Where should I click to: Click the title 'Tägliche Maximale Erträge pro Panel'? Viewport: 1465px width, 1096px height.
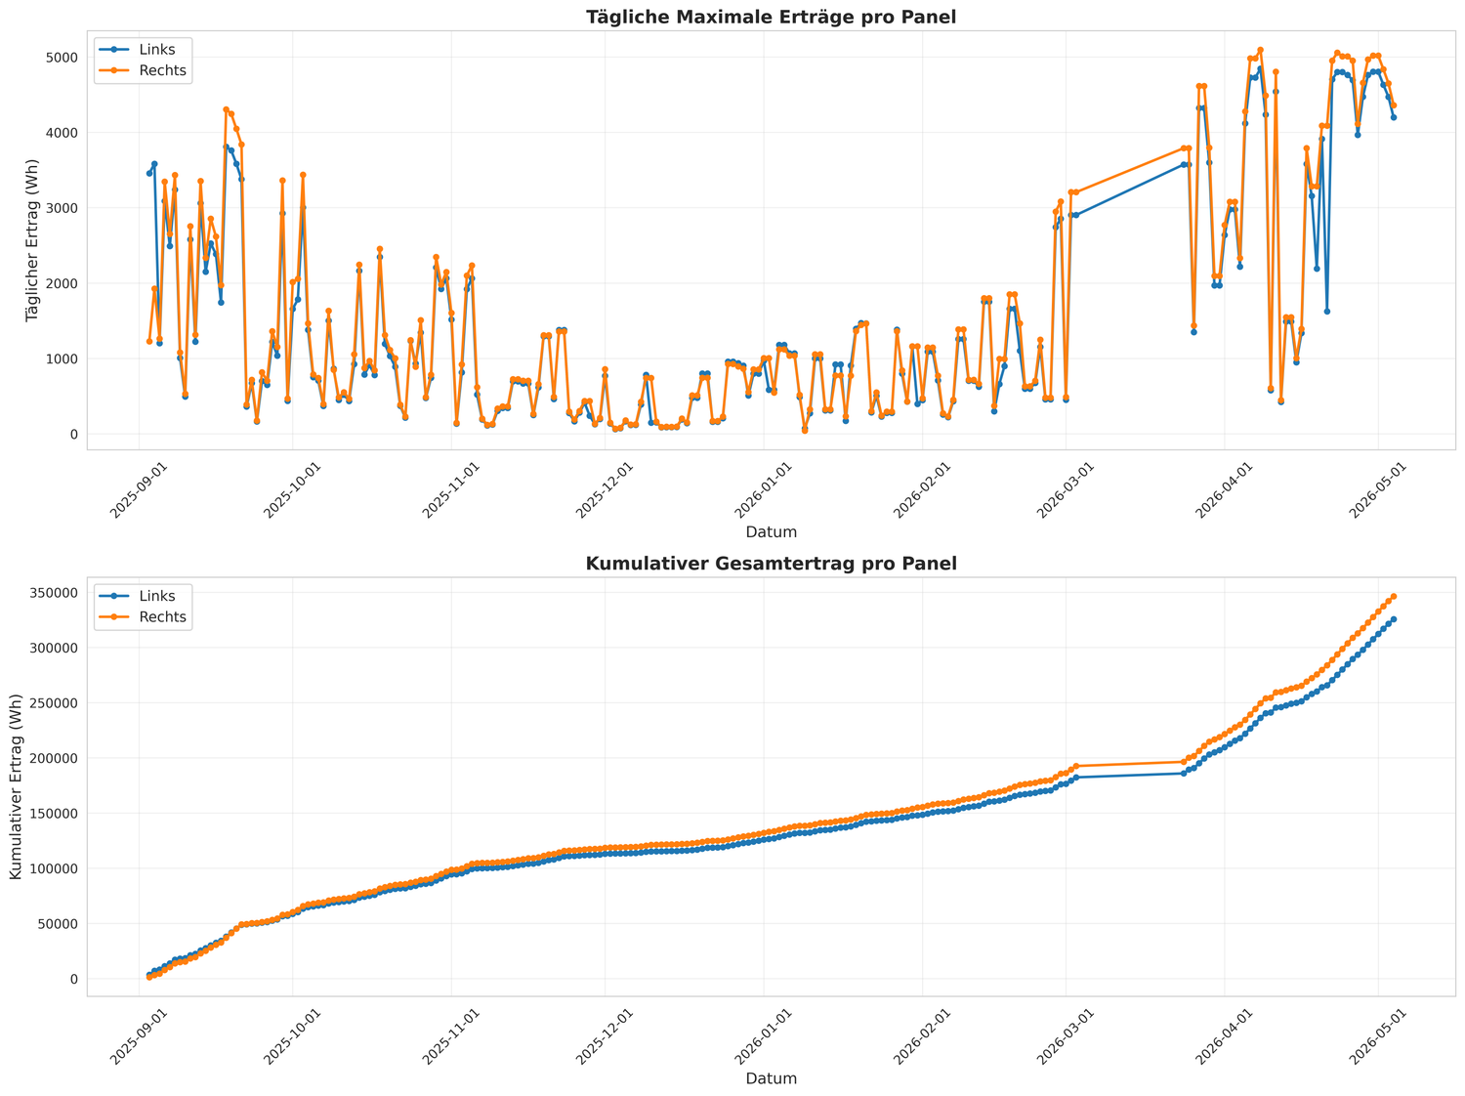(771, 17)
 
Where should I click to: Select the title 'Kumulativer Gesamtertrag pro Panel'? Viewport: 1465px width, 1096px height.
(771, 564)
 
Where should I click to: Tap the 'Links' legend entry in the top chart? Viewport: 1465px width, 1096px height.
(143, 50)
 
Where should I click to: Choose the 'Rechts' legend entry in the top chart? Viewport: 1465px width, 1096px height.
(143, 70)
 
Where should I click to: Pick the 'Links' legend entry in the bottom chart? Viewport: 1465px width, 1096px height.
(143, 596)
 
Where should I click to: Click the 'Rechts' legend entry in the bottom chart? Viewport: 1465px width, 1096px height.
(143, 616)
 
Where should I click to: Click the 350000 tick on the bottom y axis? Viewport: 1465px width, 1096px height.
(54, 593)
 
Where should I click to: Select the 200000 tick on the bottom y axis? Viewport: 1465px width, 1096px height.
(54, 758)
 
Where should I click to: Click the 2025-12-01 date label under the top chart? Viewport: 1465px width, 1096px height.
(604, 490)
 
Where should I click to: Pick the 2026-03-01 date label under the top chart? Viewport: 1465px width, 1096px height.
(1066, 490)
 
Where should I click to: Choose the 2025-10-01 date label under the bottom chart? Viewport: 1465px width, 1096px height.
(292, 1036)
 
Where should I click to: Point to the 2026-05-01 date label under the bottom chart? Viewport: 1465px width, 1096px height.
(1377, 1036)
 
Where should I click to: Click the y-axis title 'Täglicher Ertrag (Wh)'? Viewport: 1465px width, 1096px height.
(32, 240)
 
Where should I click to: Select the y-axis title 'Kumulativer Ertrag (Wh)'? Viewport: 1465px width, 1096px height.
(16, 787)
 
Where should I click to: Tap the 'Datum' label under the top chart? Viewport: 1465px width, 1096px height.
(771, 532)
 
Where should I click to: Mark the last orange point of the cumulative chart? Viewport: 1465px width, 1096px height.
(1394, 597)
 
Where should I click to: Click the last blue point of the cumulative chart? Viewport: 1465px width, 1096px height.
(1394, 619)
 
